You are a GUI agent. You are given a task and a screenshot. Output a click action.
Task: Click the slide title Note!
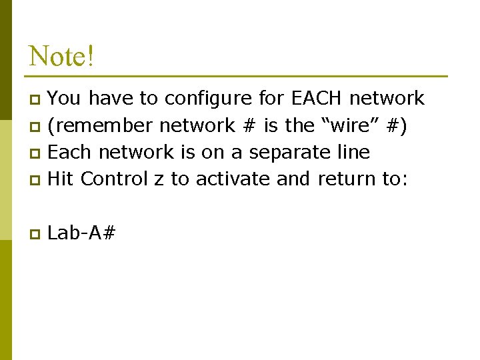pos(61,56)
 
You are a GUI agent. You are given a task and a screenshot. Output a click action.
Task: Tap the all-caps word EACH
pos(317,99)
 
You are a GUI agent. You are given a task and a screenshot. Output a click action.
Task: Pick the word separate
pos(290,152)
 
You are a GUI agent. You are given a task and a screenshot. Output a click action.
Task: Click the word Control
pos(115,179)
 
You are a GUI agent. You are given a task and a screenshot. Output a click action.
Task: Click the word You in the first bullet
pos(65,99)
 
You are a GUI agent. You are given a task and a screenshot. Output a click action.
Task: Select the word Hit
pos(61,179)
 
